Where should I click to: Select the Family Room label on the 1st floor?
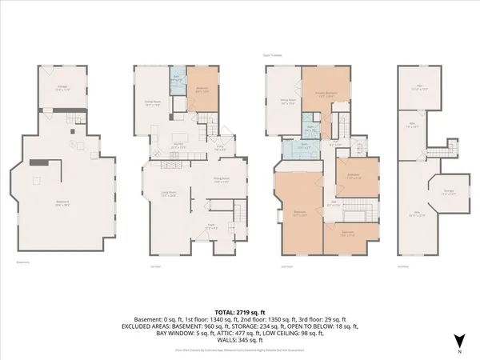coord(154,102)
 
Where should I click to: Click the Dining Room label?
coord(222,180)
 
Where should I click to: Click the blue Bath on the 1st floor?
coord(178,80)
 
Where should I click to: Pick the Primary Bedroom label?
coord(326,94)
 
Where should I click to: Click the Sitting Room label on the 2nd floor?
coord(287,101)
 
